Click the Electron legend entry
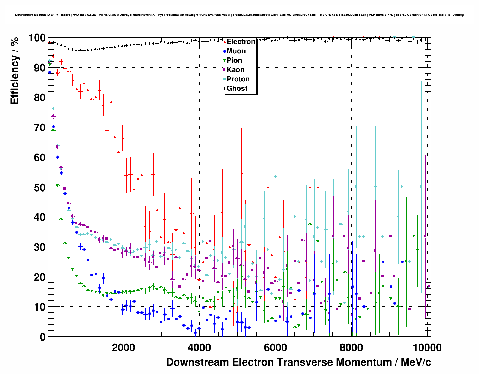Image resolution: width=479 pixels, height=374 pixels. coord(241,42)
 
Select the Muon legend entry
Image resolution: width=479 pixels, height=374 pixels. coord(236,51)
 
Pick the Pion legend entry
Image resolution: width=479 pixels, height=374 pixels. coord(234,60)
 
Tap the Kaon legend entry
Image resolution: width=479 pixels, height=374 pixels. coord(235,70)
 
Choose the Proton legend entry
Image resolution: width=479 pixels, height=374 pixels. coord(238,79)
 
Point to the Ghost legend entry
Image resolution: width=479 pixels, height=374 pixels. coord(237,89)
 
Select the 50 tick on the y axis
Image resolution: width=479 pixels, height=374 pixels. coord(39,187)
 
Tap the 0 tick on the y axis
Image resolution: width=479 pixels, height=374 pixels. coord(42,337)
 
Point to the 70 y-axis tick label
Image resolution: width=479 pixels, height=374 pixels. coord(39,128)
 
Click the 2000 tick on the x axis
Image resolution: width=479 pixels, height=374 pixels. coord(123,347)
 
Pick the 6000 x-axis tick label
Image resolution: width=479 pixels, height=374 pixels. coord(275,347)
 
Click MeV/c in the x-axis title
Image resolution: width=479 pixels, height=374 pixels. coord(416,362)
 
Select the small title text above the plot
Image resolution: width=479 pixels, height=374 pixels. coord(239,15)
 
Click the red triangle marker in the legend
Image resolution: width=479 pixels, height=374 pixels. coord(224,42)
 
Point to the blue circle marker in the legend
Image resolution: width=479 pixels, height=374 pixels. coord(224,51)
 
